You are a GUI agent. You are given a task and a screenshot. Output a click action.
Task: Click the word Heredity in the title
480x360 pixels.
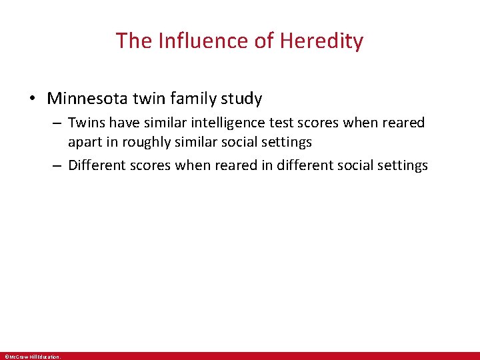(321, 41)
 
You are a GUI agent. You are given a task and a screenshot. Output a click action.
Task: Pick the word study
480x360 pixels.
(241, 99)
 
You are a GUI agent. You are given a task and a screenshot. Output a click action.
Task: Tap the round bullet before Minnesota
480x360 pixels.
(31, 99)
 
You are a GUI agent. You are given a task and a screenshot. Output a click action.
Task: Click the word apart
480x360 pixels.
(85, 142)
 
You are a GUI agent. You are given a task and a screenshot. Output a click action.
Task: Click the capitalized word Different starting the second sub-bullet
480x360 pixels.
(97, 165)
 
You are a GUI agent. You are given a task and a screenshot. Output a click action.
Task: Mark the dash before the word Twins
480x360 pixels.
(58, 123)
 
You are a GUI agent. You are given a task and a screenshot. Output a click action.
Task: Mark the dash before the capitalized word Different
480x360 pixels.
(58, 165)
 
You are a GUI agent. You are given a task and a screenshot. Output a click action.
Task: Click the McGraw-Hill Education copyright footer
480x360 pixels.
(32, 357)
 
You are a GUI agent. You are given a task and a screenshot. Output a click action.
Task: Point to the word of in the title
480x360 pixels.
(264, 41)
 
